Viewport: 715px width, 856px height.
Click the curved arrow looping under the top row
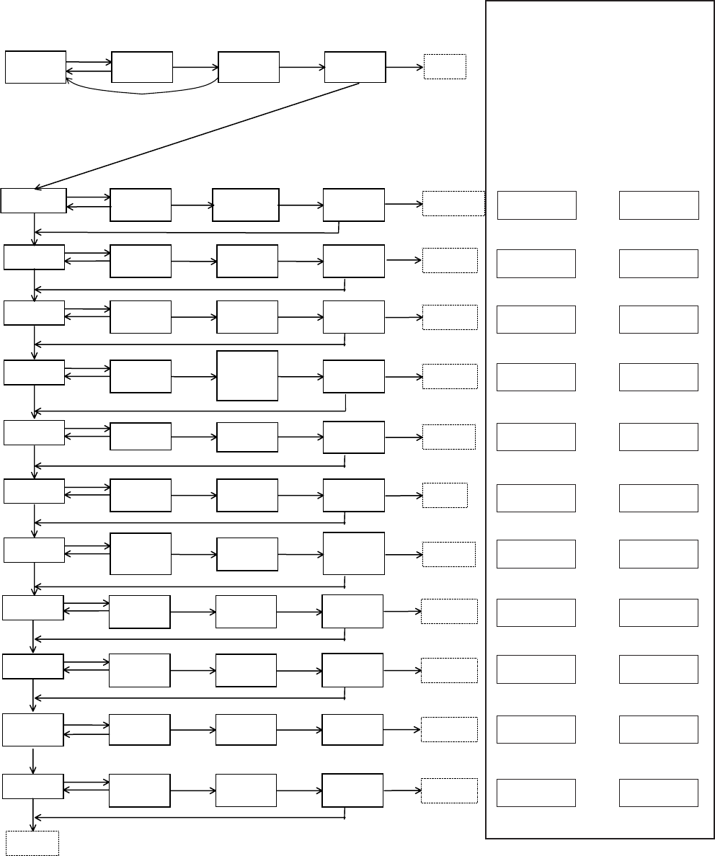coord(142,93)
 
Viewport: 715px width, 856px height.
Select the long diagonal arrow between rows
coord(198,135)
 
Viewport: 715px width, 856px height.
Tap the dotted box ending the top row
coord(445,66)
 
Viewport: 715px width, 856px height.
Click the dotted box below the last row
coord(32,842)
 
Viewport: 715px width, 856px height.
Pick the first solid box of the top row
coord(35,67)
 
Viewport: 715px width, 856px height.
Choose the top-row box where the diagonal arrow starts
coord(355,67)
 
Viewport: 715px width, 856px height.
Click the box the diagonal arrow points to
coord(34,200)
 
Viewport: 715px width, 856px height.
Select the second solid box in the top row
coord(142,67)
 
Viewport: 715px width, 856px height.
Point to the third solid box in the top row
coord(249,67)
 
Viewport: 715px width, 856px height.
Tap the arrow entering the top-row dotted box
coord(404,67)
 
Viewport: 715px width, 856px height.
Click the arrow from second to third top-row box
coord(195,67)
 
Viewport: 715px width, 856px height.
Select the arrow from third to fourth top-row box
coord(302,67)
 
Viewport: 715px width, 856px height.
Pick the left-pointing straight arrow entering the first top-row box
coord(89,71)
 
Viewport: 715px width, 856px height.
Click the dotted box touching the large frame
coord(453,203)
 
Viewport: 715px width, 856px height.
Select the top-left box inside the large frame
coord(537,205)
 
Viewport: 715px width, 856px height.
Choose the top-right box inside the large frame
coord(659,205)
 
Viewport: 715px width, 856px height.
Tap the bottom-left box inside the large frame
coord(537,793)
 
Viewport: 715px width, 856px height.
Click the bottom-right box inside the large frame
coord(659,793)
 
